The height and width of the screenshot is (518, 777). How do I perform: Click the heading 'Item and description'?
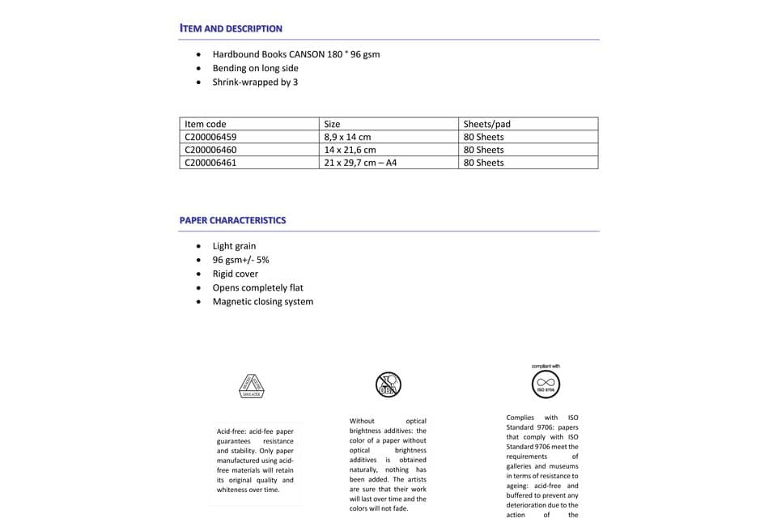click(x=231, y=28)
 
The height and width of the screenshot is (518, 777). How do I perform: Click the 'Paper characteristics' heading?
click(x=232, y=220)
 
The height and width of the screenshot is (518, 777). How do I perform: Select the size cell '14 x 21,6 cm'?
click(x=350, y=150)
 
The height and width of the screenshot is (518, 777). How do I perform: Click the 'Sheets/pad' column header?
click(x=486, y=124)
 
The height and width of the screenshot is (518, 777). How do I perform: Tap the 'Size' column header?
click(x=332, y=124)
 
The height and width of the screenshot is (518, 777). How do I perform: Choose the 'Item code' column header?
click(x=206, y=124)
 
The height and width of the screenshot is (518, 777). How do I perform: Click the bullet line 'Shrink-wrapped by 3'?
click(x=255, y=82)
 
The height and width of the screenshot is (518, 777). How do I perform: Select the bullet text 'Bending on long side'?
click(x=255, y=68)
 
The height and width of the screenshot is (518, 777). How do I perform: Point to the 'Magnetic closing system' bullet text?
click(x=262, y=302)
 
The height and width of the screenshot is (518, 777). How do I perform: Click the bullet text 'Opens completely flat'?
click(x=257, y=287)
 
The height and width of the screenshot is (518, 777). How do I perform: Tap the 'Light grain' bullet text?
click(x=234, y=246)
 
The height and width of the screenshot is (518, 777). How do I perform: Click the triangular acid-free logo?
click(x=251, y=385)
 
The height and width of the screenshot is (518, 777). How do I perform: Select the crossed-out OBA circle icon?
click(x=388, y=384)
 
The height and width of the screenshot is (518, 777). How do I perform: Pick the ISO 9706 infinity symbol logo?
click(x=546, y=382)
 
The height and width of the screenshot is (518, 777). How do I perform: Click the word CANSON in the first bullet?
click(x=307, y=54)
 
